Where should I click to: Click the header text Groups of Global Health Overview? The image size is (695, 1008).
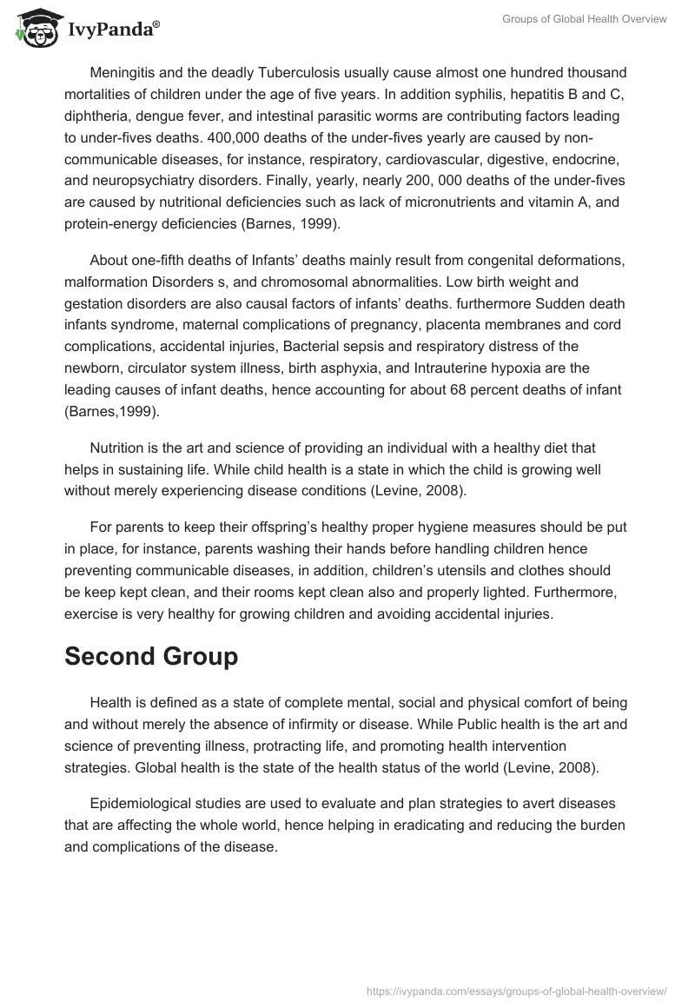pos(584,19)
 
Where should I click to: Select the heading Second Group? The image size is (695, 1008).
pos(151,657)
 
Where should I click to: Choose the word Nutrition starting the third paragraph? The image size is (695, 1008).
pos(120,448)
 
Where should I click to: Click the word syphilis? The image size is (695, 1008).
pos(417,95)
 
